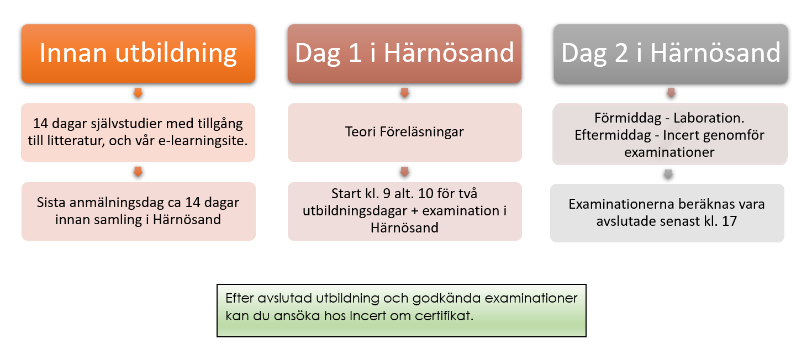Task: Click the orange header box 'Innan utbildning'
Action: pos(138,54)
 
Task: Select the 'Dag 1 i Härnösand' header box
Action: pos(404,54)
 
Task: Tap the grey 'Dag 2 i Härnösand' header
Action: pos(671,54)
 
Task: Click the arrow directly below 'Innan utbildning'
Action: pos(138,93)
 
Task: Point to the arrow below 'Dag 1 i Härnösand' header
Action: pos(404,93)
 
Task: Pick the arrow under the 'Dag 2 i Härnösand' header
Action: pos(671,93)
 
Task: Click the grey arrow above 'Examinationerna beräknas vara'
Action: pos(668,174)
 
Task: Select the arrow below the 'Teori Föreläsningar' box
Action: pos(404,172)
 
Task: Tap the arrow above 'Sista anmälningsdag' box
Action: pos(138,172)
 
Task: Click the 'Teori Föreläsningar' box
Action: pos(404,133)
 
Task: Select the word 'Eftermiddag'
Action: pos(613,135)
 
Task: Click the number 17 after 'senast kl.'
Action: pos(729,221)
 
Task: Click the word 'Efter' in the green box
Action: pos(240,298)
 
